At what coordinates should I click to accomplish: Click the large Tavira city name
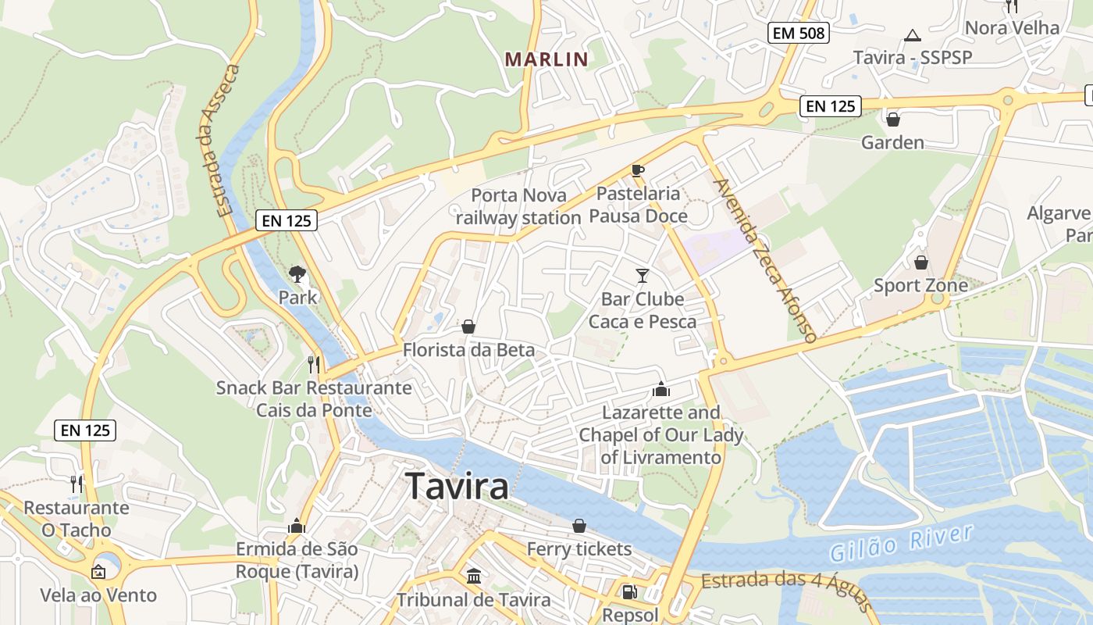[x=457, y=486]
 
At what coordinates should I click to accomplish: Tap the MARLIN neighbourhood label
[x=546, y=59]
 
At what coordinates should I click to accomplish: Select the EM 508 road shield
[x=798, y=33]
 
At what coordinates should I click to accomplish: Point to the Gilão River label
[x=901, y=545]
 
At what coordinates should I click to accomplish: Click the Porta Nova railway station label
[x=518, y=206]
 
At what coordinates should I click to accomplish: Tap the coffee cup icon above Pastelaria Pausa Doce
[x=638, y=170]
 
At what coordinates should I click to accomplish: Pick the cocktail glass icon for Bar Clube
[x=643, y=275]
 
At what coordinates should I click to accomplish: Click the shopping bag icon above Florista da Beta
[x=468, y=327]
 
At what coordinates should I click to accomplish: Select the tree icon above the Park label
[x=297, y=273]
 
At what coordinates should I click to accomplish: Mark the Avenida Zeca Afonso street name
[x=764, y=260]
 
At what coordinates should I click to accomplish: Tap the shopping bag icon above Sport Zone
[x=921, y=262]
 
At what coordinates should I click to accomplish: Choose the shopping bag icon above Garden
[x=893, y=120]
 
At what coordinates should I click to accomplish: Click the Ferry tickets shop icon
[x=579, y=526]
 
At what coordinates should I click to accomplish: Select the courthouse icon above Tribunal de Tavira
[x=473, y=577]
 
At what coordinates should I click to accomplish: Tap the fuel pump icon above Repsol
[x=629, y=591]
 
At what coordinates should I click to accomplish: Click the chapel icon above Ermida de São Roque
[x=297, y=526]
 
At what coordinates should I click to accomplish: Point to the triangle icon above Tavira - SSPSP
[x=912, y=35]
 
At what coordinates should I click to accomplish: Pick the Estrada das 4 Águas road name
[x=785, y=587]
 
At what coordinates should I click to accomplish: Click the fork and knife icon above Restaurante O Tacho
[x=77, y=484]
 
